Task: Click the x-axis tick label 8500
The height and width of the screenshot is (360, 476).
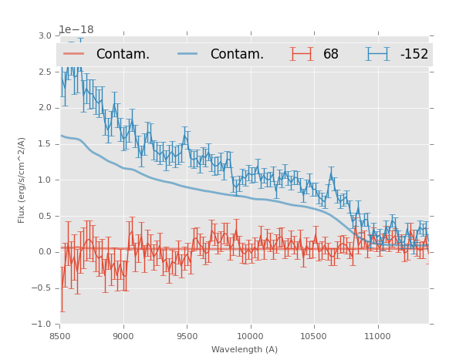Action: [x=59, y=336]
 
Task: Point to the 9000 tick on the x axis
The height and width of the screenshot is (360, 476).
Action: [x=123, y=336]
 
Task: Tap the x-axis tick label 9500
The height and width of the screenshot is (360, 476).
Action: [x=187, y=336]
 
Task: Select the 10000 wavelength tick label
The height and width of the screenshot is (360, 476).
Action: [x=250, y=336]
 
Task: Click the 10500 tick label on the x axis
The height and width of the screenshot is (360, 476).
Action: [x=313, y=336]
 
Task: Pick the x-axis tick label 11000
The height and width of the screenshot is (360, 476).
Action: [x=377, y=336]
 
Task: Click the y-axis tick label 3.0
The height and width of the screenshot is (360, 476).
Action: [x=44, y=35]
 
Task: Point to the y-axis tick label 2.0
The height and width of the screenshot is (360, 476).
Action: [x=44, y=108]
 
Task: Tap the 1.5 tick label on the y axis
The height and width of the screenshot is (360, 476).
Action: [x=44, y=144]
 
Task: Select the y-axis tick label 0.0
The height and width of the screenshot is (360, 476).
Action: [x=44, y=252]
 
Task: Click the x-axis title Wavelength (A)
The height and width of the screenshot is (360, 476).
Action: [x=244, y=350]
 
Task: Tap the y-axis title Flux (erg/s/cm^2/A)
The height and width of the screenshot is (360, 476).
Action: [x=22, y=180]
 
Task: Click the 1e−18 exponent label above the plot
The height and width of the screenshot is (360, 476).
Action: [x=76, y=30]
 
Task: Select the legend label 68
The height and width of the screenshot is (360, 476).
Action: [x=331, y=55]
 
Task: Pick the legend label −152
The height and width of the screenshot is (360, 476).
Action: [x=414, y=55]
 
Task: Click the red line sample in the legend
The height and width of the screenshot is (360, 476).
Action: [x=75, y=54]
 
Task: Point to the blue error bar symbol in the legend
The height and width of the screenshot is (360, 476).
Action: [x=378, y=54]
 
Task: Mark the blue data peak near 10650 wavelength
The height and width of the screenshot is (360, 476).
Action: [x=331, y=174]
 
